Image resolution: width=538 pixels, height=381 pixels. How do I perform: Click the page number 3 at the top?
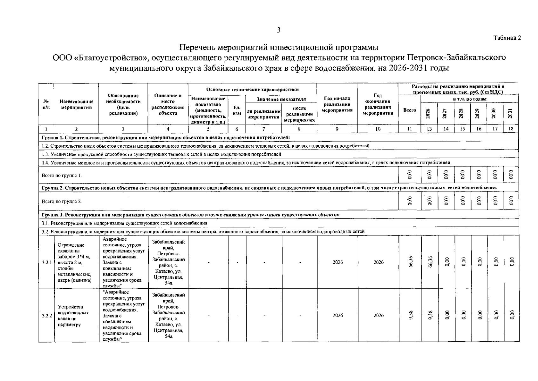[279, 30]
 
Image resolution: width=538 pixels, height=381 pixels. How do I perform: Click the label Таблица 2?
[507, 38]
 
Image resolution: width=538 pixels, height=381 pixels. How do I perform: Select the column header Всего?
[410, 110]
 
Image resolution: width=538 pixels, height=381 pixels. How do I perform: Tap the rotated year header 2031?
[510, 113]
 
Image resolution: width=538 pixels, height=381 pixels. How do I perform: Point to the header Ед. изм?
[237, 110]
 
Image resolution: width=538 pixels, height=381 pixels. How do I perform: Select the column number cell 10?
[378, 129]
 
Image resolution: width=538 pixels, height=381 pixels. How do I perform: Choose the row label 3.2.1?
[46, 263]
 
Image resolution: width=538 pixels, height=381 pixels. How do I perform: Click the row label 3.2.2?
[46, 316]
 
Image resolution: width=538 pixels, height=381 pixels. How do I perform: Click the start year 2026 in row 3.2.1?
[337, 262]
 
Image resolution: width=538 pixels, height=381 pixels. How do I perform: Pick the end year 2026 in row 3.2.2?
[378, 315]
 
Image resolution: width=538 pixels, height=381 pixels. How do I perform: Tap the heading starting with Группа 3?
[190, 215]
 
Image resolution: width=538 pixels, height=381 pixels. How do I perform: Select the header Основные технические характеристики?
[252, 90]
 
